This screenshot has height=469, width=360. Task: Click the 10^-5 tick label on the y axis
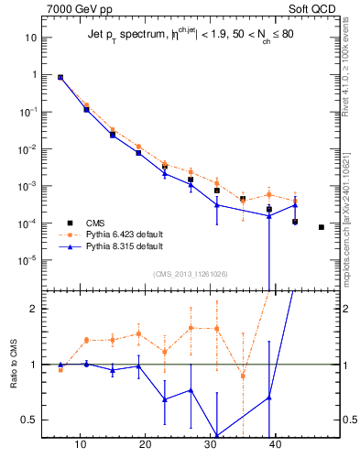pyautogui.click(x=27, y=260)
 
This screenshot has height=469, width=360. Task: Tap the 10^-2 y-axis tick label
pyautogui.click(x=27, y=148)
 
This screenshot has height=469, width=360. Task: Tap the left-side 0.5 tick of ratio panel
pyautogui.click(x=29, y=420)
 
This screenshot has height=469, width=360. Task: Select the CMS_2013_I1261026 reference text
pyautogui.click(x=191, y=274)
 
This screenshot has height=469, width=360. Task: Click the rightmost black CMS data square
pyautogui.click(x=322, y=227)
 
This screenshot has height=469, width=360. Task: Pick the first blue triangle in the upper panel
pyautogui.click(x=60, y=78)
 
